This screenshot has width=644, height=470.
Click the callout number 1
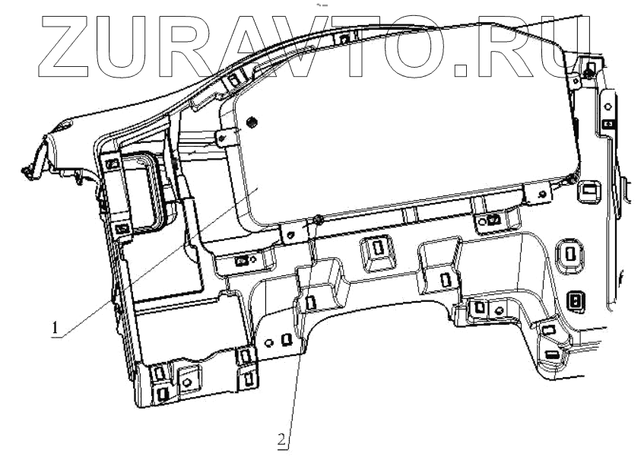click(55, 329)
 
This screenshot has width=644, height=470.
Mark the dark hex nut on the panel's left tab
click(252, 122)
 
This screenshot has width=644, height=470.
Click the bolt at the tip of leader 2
click(319, 220)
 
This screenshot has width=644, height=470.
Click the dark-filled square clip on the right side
click(576, 302)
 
